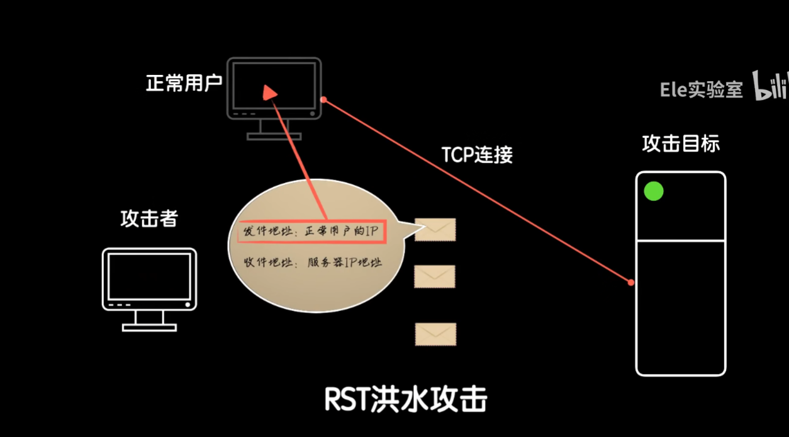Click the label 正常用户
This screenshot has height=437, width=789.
tap(184, 83)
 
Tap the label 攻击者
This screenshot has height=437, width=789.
tap(149, 219)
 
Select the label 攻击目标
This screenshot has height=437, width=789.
tap(680, 144)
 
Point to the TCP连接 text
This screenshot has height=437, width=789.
tap(477, 154)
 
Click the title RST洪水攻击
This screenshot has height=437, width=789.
tap(406, 399)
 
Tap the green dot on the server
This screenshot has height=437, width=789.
tap(654, 191)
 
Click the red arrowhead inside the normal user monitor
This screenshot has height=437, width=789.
tap(270, 93)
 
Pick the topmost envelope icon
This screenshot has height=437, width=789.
tap(435, 230)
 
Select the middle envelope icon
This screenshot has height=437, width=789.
tap(434, 276)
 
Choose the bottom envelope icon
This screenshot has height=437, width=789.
tap(435, 334)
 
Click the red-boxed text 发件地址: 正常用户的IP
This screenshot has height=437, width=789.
tap(311, 231)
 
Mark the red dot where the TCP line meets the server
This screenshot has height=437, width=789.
tap(631, 283)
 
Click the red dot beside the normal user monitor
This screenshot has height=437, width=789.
tap(323, 99)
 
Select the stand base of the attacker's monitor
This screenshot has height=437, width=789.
tap(149, 327)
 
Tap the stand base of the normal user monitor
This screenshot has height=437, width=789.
tap(274, 136)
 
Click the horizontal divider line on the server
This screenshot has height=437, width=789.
tap(680, 240)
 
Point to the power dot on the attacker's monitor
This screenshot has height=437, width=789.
tap(187, 305)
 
